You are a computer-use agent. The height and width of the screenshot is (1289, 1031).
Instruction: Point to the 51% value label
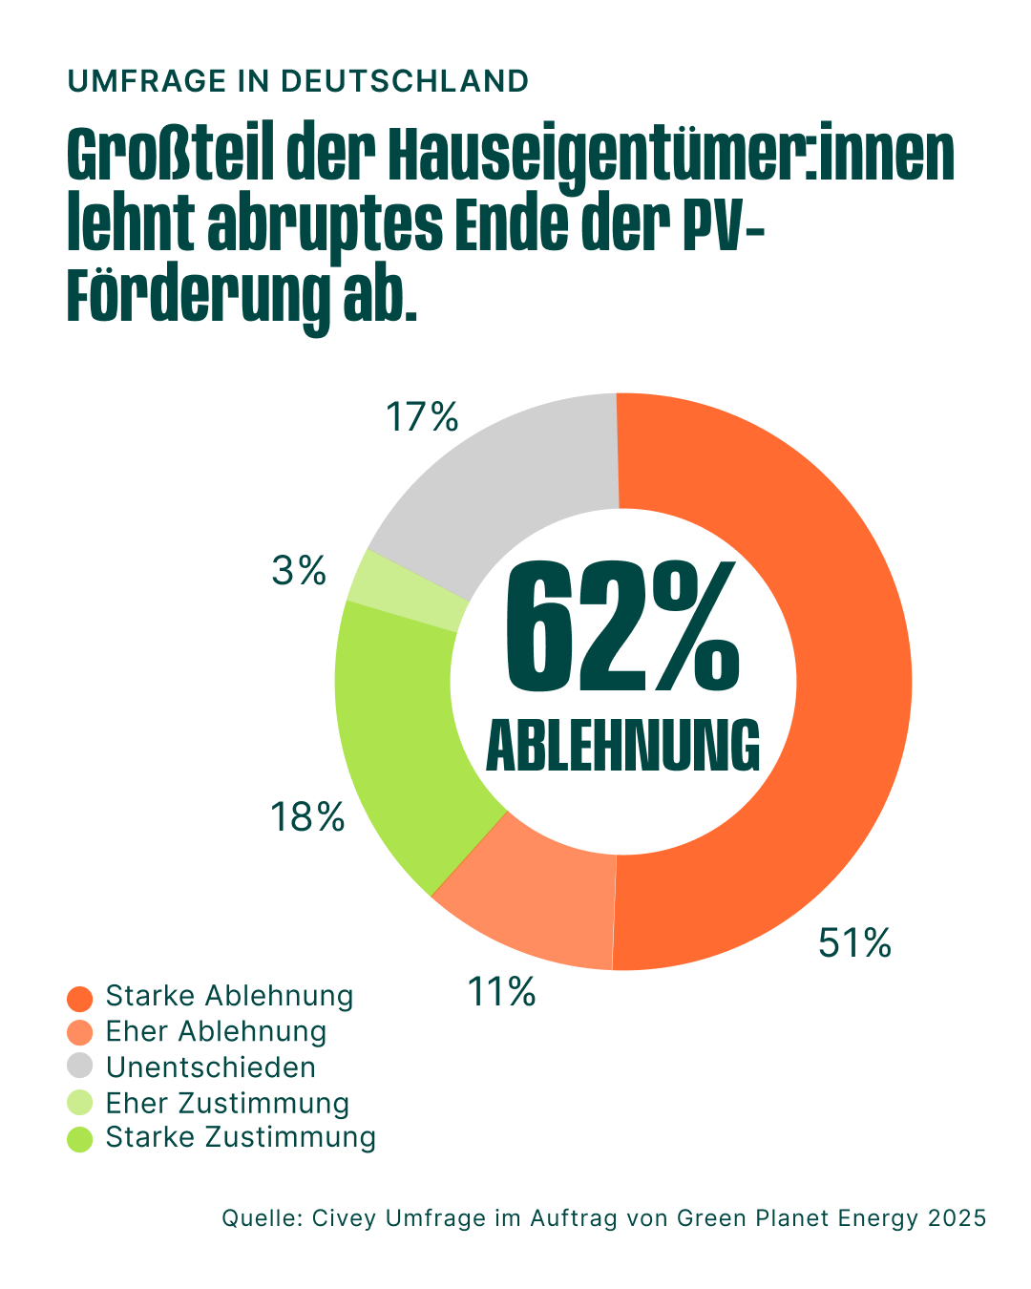(x=854, y=943)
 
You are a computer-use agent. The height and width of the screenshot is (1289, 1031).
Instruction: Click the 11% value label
(x=501, y=993)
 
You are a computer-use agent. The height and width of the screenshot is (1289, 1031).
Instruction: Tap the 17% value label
(x=422, y=417)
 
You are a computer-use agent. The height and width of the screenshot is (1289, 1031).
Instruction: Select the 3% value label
(x=299, y=571)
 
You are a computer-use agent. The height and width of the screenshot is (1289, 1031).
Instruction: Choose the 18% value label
(x=307, y=817)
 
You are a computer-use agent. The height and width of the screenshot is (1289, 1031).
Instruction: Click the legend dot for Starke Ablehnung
(x=80, y=998)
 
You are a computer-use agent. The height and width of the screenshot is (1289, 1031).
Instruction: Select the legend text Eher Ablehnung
(x=216, y=1032)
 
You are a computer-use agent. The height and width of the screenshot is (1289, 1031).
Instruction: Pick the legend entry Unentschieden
(x=210, y=1067)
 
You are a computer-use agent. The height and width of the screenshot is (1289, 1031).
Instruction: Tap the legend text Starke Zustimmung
(x=241, y=1138)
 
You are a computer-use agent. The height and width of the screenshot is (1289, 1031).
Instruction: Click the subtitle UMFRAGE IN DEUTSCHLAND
(x=298, y=81)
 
